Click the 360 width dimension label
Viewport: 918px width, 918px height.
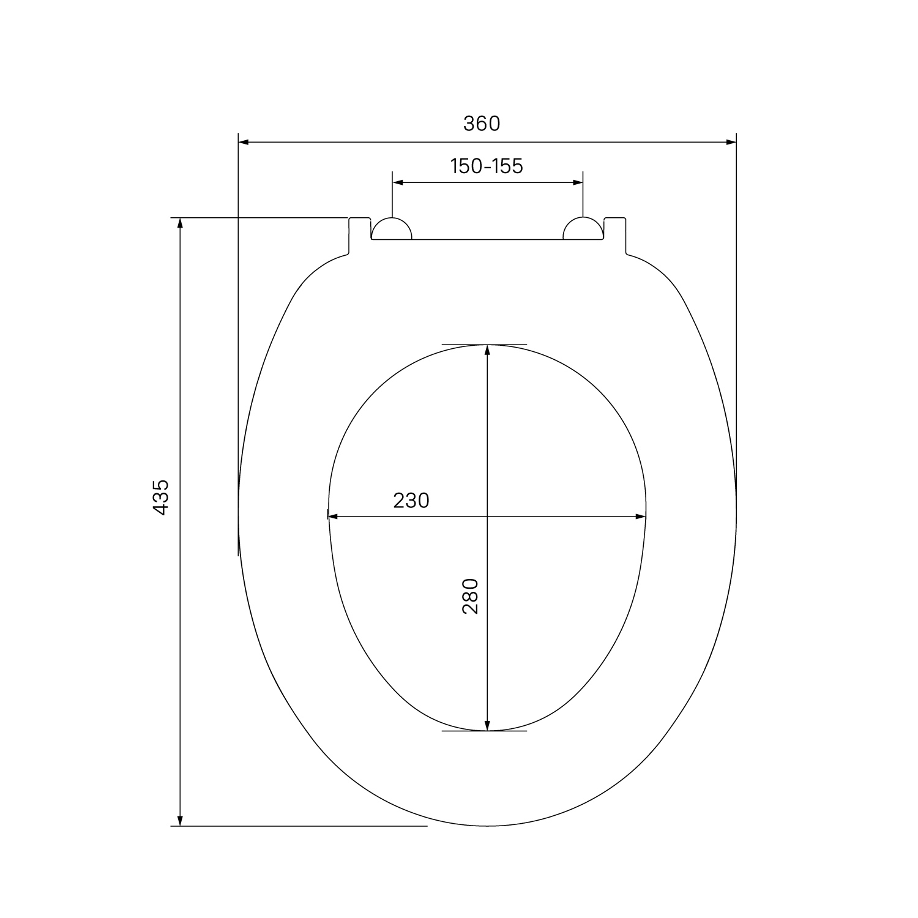tap(482, 124)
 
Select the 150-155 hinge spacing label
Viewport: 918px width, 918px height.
tap(487, 166)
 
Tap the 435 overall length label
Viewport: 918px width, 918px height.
tap(160, 496)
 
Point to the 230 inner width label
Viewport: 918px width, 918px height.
tap(411, 501)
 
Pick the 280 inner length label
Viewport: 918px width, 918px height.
tap(470, 595)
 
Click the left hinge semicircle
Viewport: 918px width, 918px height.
tap(392, 229)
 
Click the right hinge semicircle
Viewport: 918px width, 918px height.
tap(583, 229)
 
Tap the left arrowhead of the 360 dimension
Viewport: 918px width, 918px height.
tap(244, 143)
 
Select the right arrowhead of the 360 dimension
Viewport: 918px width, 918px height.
tap(730, 143)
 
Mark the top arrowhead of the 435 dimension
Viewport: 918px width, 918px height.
tap(180, 223)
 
